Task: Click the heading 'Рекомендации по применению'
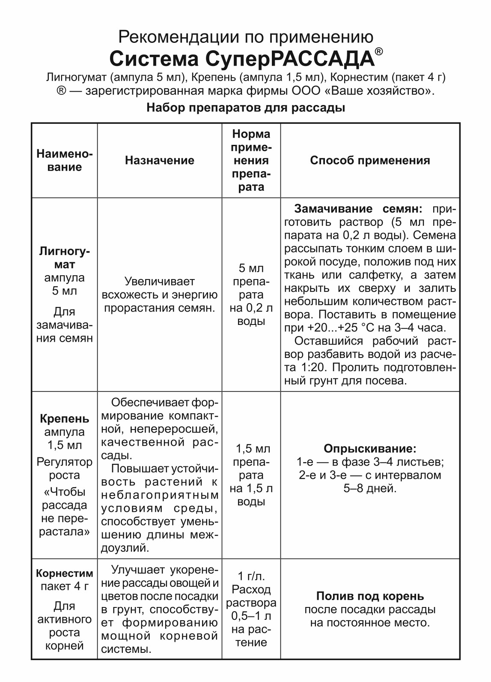pyautogui.click(x=245, y=37)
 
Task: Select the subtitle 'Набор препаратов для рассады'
pyautogui.click(x=245, y=107)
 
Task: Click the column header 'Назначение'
pyautogui.click(x=159, y=160)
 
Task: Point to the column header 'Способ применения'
pyautogui.click(x=370, y=160)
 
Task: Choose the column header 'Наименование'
pyautogui.click(x=65, y=160)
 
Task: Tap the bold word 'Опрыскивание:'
pyautogui.click(x=370, y=449)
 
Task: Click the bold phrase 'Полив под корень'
pyautogui.click(x=370, y=596)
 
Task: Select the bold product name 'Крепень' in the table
pyautogui.click(x=65, y=419)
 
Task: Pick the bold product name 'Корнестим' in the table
pyautogui.click(x=65, y=574)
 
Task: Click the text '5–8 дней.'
pyautogui.click(x=370, y=488)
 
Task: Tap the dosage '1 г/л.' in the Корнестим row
pyautogui.click(x=251, y=576)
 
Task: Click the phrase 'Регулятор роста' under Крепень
pyautogui.click(x=65, y=469)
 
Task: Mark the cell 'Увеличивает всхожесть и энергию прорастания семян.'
pyautogui.click(x=159, y=295)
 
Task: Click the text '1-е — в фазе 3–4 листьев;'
pyautogui.click(x=370, y=462)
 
